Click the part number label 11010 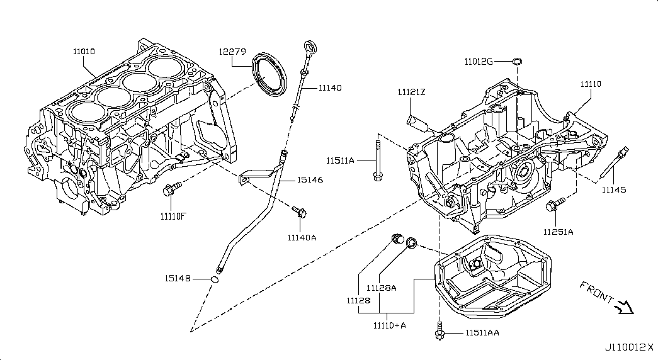point(84,52)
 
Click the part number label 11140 point(330,87)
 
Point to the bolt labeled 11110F point(172,189)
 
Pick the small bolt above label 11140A point(299,211)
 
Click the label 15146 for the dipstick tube point(310,180)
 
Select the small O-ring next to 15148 point(215,279)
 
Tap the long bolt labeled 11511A point(377,161)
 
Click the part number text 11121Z point(411,92)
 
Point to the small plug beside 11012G point(517,62)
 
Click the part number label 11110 point(591,84)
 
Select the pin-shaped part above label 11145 point(615,163)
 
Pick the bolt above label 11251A point(555,205)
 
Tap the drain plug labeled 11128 point(397,239)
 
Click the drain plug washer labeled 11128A point(412,242)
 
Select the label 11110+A point(389,325)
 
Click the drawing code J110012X point(629,347)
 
